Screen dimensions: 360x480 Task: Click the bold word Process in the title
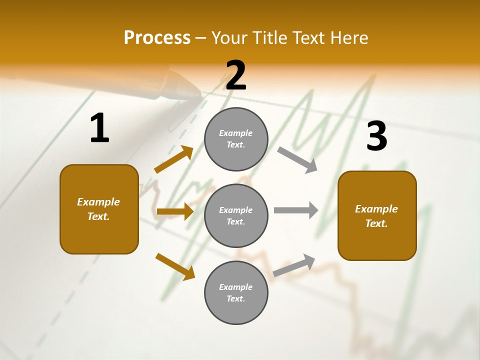[x=157, y=38]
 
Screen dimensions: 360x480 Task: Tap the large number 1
[x=99, y=128]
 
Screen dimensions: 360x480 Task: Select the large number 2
[x=236, y=75]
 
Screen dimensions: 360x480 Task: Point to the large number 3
[x=376, y=136]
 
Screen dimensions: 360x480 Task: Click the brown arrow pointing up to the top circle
[x=174, y=159]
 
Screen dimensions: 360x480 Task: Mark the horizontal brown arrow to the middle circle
[x=175, y=211]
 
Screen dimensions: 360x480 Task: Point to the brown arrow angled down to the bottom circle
[x=175, y=266]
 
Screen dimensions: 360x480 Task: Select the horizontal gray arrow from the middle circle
[x=296, y=210]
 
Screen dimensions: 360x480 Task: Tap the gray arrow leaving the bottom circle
[x=294, y=265]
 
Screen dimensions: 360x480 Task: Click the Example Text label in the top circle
[x=236, y=139]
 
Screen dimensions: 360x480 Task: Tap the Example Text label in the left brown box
[x=98, y=209]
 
